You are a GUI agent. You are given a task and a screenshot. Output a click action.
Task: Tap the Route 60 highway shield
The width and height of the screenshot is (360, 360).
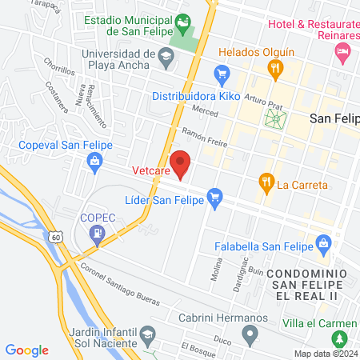click(x=54, y=237)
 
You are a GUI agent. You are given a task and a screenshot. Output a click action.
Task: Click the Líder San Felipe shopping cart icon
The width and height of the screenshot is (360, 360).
click(x=214, y=195)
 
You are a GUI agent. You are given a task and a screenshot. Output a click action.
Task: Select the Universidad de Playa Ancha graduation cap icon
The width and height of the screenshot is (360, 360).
click(x=166, y=55)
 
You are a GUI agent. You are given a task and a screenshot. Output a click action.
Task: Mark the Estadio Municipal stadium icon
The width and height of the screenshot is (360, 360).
click(x=184, y=22)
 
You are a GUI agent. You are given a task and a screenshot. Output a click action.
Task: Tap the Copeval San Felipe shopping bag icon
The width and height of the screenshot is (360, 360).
click(x=95, y=161)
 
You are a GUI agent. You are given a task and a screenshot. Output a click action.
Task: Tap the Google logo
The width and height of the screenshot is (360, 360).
click(x=27, y=350)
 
